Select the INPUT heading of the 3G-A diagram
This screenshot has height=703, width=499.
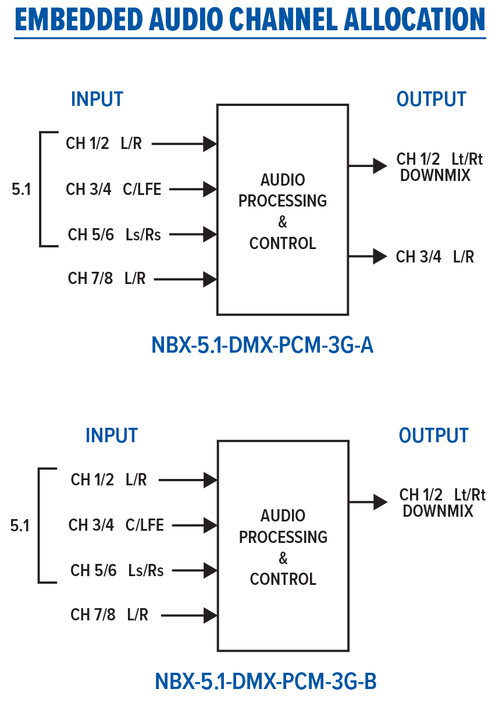pyautogui.click(x=97, y=100)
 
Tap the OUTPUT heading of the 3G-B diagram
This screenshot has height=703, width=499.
pyautogui.click(x=433, y=435)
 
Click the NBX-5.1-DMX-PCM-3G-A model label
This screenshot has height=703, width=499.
pyautogui.click(x=262, y=346)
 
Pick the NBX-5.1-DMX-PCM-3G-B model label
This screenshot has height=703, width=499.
pyautogui.click(x=265, y=681)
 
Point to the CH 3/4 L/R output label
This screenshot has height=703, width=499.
pyautogui.click(x=435, y=257)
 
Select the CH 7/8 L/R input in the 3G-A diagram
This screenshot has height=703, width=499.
pyautogui.click(x=107, y=279)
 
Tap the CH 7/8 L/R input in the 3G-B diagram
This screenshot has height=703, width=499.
pyautogui.click(x=109, y=615)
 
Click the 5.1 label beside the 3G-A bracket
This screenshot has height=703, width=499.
pyautogui.click(x=22, y=190)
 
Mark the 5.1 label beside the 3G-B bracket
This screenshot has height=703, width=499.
pyautogui.click(x=20, y=526)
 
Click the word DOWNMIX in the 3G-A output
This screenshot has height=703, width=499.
pyautogui.click(x=435, y=175)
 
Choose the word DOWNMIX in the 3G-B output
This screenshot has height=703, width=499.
pyautogui.click(x=438, y=511)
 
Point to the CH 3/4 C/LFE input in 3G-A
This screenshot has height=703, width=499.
pyautogui.click(x=113, y=189)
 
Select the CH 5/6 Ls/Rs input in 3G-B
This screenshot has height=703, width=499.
pyautogui.click(x=117, y=570)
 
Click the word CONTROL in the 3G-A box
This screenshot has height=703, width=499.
pyautogui.click(x=283, y=243)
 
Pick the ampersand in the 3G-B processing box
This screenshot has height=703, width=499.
pyautogui.click(x=283, y=559)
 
